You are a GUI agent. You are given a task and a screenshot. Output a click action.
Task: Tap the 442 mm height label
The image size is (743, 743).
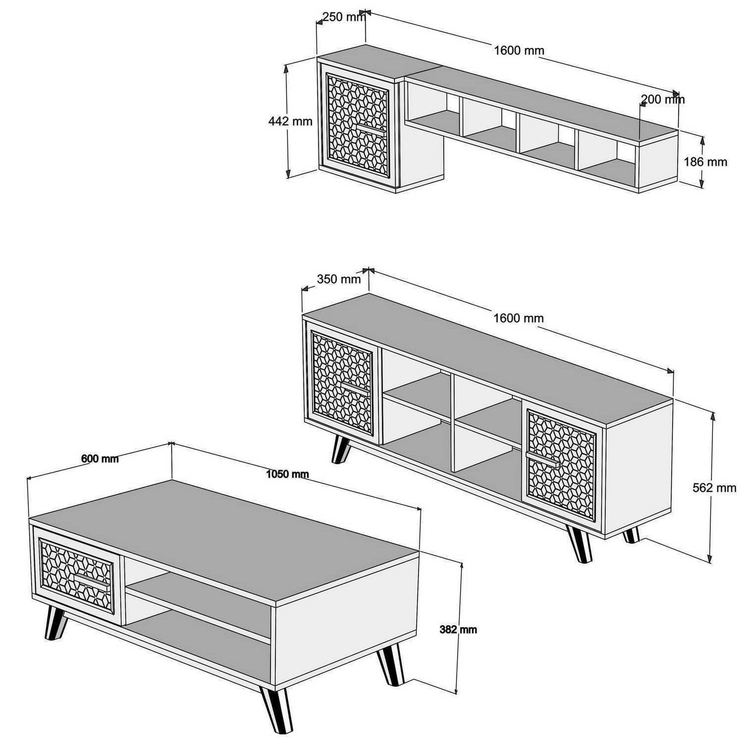(x=291, y=121)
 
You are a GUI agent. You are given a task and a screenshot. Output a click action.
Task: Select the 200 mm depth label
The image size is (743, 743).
(x=663, y=100)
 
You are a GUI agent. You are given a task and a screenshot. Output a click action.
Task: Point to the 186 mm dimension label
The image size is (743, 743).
(x=705, y=162)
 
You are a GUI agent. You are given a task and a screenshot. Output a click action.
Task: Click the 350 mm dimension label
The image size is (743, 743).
(x=339, y=279)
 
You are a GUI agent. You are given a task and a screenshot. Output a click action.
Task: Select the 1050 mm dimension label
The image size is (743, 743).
(x=288, y=474)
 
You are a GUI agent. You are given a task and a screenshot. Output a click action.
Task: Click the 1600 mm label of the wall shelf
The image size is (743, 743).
(x=519, y=51)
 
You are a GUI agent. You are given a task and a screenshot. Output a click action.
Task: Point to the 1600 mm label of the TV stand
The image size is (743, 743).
(x=519, y=318)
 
